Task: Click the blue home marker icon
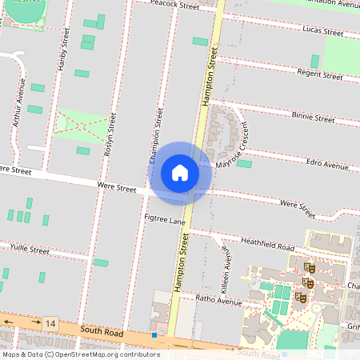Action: (x=180, y=172)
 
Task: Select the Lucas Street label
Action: (x=322, y=31)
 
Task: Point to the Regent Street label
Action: (x=319, y=74)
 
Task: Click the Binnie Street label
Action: (x=313, y=118)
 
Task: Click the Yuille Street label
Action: (x=30, y=250)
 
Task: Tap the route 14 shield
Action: (x=51, y=322)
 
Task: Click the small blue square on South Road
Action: (x=154, y=334)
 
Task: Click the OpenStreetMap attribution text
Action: (x=81, y=354)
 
